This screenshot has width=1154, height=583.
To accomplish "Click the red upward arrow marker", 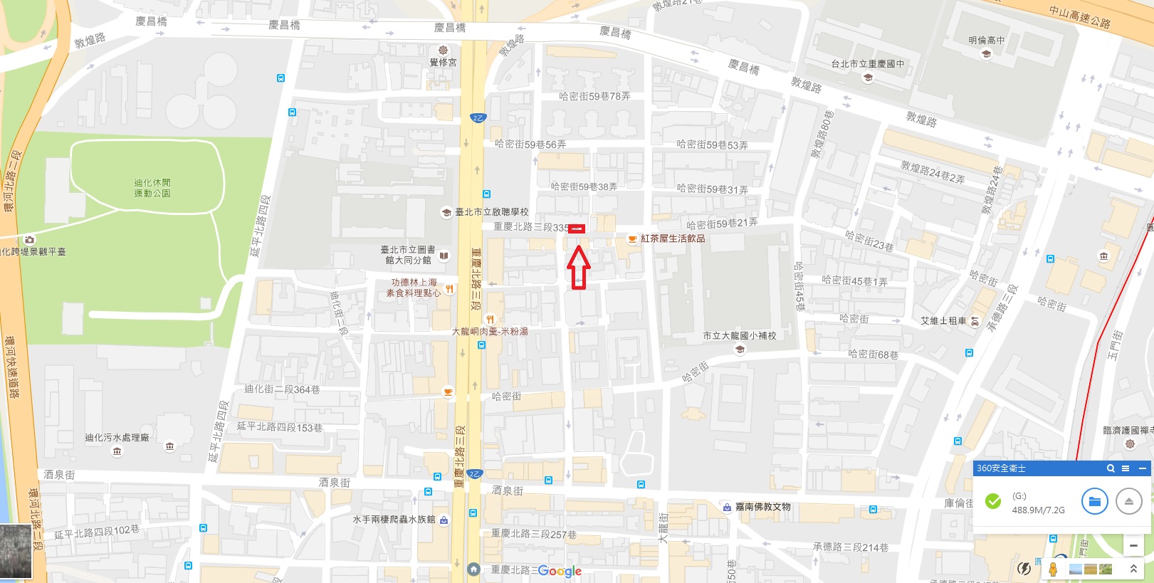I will tap(578, 267).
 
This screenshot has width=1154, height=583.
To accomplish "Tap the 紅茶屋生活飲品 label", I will tap(672, 238).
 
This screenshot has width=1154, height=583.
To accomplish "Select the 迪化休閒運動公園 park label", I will tap(152, 188).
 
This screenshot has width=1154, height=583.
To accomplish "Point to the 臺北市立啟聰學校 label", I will tap(491, 212).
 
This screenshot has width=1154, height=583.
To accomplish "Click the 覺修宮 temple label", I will tap(443, 62).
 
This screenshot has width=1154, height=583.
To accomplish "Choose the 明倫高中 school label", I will tap(986, 41).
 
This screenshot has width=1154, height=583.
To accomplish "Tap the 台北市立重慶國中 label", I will tap(867, 64).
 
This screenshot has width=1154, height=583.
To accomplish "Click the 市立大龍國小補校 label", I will tap(739, 335).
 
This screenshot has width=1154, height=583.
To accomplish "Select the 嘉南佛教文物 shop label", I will tap(762, 507).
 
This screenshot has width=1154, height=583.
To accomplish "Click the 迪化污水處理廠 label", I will tap(117, 438).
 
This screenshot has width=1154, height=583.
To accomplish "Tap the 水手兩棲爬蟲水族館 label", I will tap(394, 520).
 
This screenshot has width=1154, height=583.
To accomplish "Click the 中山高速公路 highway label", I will tap(1079, 16).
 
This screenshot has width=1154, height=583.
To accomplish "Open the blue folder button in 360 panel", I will tap(1094, 502).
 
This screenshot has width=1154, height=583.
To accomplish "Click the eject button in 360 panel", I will tap(1128, 502).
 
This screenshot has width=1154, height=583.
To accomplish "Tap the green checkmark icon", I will tap(992, 502).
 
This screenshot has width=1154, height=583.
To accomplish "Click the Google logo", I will tap(560, 571).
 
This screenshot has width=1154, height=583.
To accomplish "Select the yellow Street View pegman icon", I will tap(1052, 569).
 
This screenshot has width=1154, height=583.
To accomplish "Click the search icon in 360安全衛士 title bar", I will tap(1110, 468).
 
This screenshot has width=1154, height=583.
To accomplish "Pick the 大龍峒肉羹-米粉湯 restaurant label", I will tap(490, 331).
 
